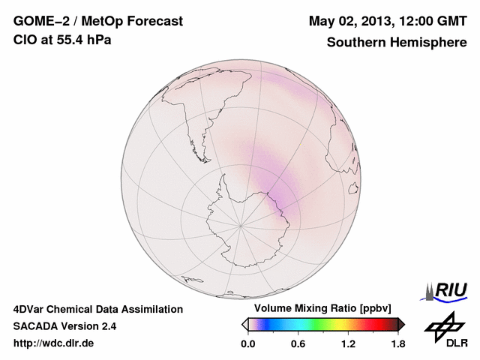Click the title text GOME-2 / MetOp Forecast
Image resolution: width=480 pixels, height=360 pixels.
[x=97, y=21]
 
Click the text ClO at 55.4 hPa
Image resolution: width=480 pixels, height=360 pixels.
[x=62, y=40]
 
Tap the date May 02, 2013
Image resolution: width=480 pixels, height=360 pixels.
[x=352, y=21]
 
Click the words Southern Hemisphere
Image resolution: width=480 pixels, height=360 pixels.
[x=397, y=43]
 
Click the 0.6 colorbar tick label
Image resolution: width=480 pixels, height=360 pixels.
[x=298, y=344]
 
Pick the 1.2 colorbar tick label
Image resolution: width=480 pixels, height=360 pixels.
[x=348, y=344]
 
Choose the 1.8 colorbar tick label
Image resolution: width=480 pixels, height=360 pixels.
[x=398, y=344]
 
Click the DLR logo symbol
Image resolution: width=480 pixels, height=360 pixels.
[x=444, y=325]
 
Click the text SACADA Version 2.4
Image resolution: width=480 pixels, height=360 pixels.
[x=64, y=326]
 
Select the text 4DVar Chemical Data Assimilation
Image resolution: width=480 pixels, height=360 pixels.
[x=98, y=309]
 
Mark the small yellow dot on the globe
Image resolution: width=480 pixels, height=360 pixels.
[x=300, y=145]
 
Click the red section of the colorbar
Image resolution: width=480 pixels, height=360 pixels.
[x=375, y=324]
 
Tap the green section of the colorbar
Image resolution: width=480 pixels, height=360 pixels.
[x=322, y=324]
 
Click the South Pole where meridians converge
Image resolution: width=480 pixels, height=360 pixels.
[x=240, y=224]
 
